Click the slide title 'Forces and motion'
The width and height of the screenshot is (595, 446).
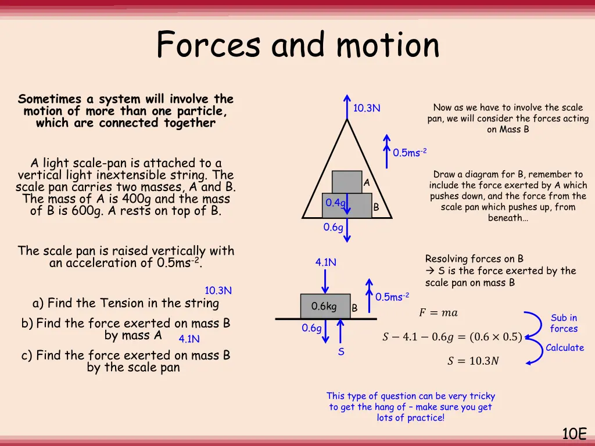coord(297,45)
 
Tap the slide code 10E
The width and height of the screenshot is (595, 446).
coord(575,433)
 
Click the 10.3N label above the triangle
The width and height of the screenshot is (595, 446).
coord(367,108)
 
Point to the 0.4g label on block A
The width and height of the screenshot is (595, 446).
coord(335,203)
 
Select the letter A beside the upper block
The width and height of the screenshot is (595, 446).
coord(366,183)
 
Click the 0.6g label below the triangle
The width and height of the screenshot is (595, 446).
coord(333,227)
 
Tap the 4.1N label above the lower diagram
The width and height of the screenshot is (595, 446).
coord(326,262)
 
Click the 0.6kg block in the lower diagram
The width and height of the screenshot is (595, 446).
coord(325,306)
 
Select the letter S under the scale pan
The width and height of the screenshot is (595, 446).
coord(341,352)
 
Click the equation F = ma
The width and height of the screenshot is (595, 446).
coord(438,313)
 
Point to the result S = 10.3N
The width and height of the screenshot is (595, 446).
coord(472,361)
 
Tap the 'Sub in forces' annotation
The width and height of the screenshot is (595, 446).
coord(564,323)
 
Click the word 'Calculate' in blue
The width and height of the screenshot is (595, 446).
coord(565,347)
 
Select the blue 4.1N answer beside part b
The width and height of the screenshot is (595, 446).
coord(189,339)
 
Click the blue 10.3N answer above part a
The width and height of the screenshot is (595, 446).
coord(218,290)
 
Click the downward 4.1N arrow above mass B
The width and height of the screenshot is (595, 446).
coord(325,281)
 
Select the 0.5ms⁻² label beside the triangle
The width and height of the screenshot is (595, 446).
coord(410,153)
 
